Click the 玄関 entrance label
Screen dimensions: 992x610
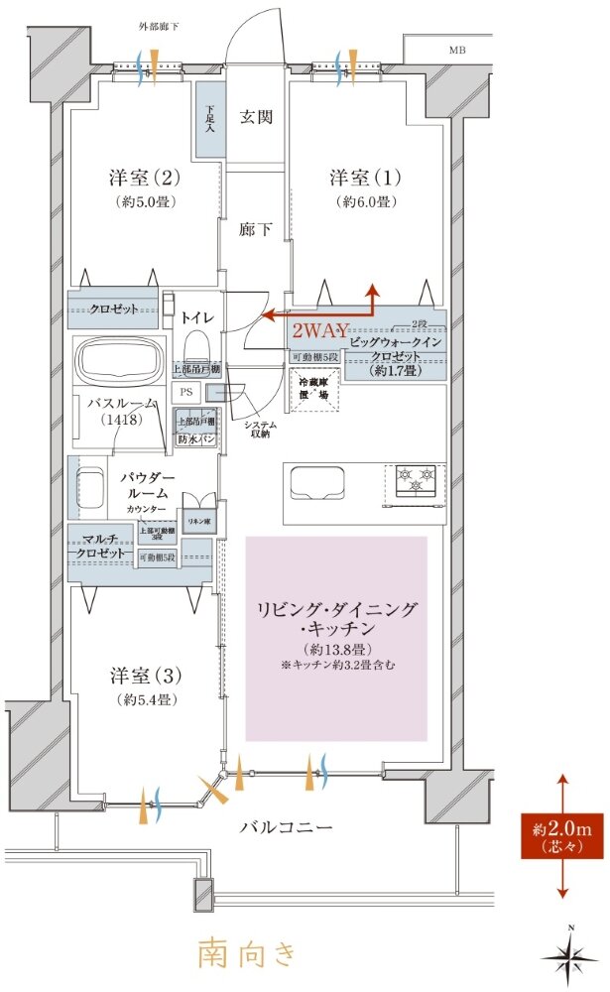click(x=256, y=117)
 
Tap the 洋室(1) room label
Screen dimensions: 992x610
click(x=365, y=179)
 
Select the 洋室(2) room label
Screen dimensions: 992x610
click(x=143, y=179)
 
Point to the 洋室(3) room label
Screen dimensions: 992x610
click(x=143, y=677)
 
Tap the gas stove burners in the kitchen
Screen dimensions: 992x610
click(x=416, y=481)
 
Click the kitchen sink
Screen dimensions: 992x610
click(x=316, y=483)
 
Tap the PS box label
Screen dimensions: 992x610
click(x=185, y=392)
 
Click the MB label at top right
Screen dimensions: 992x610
click(x=456, y=50)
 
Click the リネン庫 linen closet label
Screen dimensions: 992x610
click(x=196, y=519)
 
